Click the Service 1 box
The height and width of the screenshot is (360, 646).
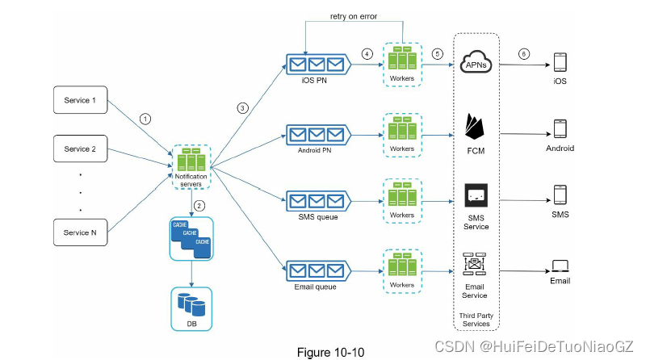pyautogui.click(x=80, y=101)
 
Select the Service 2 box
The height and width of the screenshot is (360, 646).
pyautogui.click(x=80, y=149)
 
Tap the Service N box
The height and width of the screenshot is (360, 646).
pyautogui.click(x=80, y=232)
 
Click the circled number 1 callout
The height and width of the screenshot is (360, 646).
pyautogui.click(x=145, y=118)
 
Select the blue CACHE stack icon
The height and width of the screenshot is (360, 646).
pyautogui.click(x=191, y=237)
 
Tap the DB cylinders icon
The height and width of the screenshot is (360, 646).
pyautogui.click(x=191, y=305)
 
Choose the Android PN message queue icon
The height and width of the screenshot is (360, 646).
pyautogui.click(x=317, y=133)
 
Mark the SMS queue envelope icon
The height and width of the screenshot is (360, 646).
pyautogui.click(x=317, y=200)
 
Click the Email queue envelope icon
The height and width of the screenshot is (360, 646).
pyautogui.click(x=317, y=268)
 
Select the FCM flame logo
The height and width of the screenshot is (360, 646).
pyautogui.click(x=476, y=127)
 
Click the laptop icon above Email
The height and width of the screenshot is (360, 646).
pyautogui.click(x=560, y=266)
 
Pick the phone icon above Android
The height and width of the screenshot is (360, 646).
pyautogui.click(x=560, y=130)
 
